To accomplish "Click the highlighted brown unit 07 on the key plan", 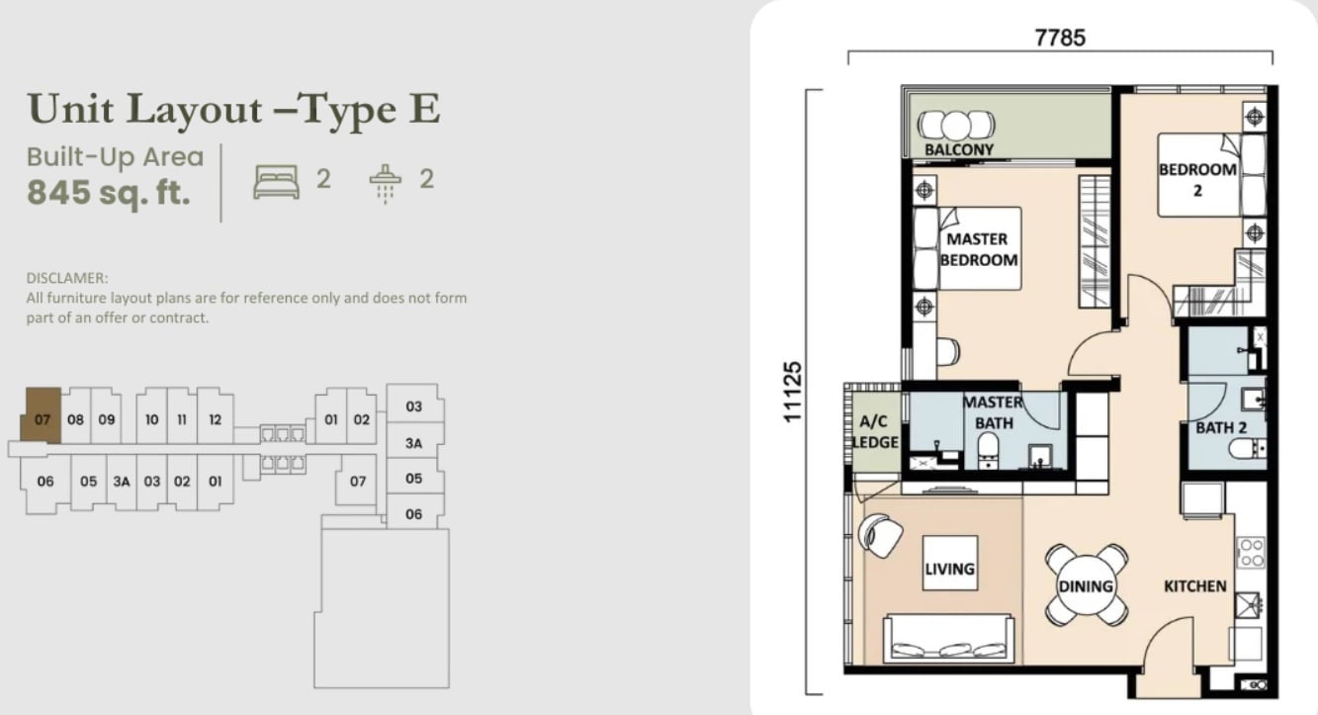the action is point(41,415).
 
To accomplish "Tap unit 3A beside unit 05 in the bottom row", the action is point(122,482).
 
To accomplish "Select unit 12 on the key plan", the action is point(215,419).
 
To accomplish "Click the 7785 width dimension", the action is point(1060,39).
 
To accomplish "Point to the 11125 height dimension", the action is point(793,392).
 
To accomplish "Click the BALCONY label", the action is point(958,149).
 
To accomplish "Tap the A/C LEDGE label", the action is point(875,431).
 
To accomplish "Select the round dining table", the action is point(1087,585).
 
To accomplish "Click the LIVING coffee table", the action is point(949,563).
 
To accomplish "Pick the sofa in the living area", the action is point(948,639).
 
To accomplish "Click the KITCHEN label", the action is point(1195,586).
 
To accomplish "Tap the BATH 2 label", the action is point(1221,428).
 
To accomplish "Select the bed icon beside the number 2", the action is point(276,182).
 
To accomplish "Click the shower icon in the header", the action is point(386,184).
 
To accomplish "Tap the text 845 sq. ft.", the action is point(109,193).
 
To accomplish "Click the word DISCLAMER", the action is point(67,278).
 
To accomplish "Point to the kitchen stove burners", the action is point(1251,552).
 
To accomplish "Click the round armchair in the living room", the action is point(880,535).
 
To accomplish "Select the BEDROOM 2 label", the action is point(1197,179).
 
